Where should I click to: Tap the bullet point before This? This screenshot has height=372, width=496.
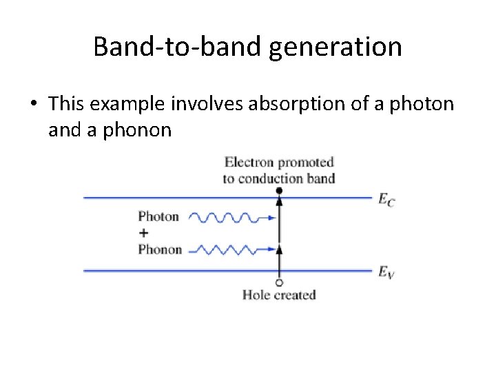pyautogui.click(x=33, y=105)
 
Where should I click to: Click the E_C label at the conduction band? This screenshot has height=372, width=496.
pyautogui.click(x=386, y=199)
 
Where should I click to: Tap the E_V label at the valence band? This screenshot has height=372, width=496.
pyautogui.click(x=386, y=272)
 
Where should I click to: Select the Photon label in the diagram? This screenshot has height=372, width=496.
pyautogui.click(x=158, y=217)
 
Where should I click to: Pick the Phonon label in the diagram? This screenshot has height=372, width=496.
pyautogui.click(x=160, y=249)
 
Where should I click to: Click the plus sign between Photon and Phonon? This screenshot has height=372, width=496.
pyautogui.click(x=144, y=234)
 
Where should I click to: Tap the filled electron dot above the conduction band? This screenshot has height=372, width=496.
pyautogui.click(x=279, y=189)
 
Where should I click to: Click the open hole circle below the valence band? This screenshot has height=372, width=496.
pyautogui.click(x=279, y=282)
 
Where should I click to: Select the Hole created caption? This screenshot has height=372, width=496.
pyautogui.click(x=279, y=295)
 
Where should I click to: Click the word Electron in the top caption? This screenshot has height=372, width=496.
pyautogui.click(x=249, y=163)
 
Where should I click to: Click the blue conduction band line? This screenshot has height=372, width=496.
pyautogui.click(x=172, y=198)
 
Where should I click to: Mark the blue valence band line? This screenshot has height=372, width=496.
pyautogui.click(x=172, y=271)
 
